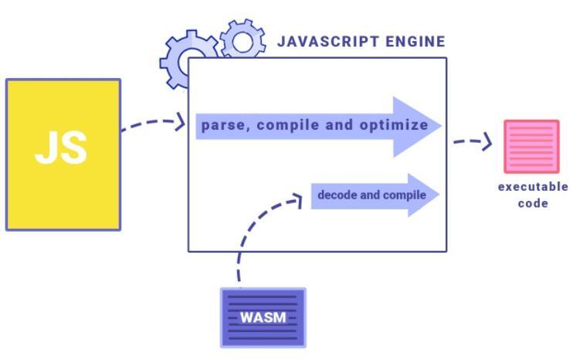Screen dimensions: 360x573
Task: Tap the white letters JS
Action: point(61,147)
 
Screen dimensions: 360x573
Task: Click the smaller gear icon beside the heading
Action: point(242,40)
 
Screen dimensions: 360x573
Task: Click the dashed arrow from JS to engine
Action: point(153,124)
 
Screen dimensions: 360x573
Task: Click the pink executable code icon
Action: point(531,146)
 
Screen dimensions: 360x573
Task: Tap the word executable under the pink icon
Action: point(532,187)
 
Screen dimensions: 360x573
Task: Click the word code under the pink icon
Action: point(532,203)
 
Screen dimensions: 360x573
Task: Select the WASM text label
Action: point(263,318)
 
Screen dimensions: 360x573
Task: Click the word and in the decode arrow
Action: point(371,195)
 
